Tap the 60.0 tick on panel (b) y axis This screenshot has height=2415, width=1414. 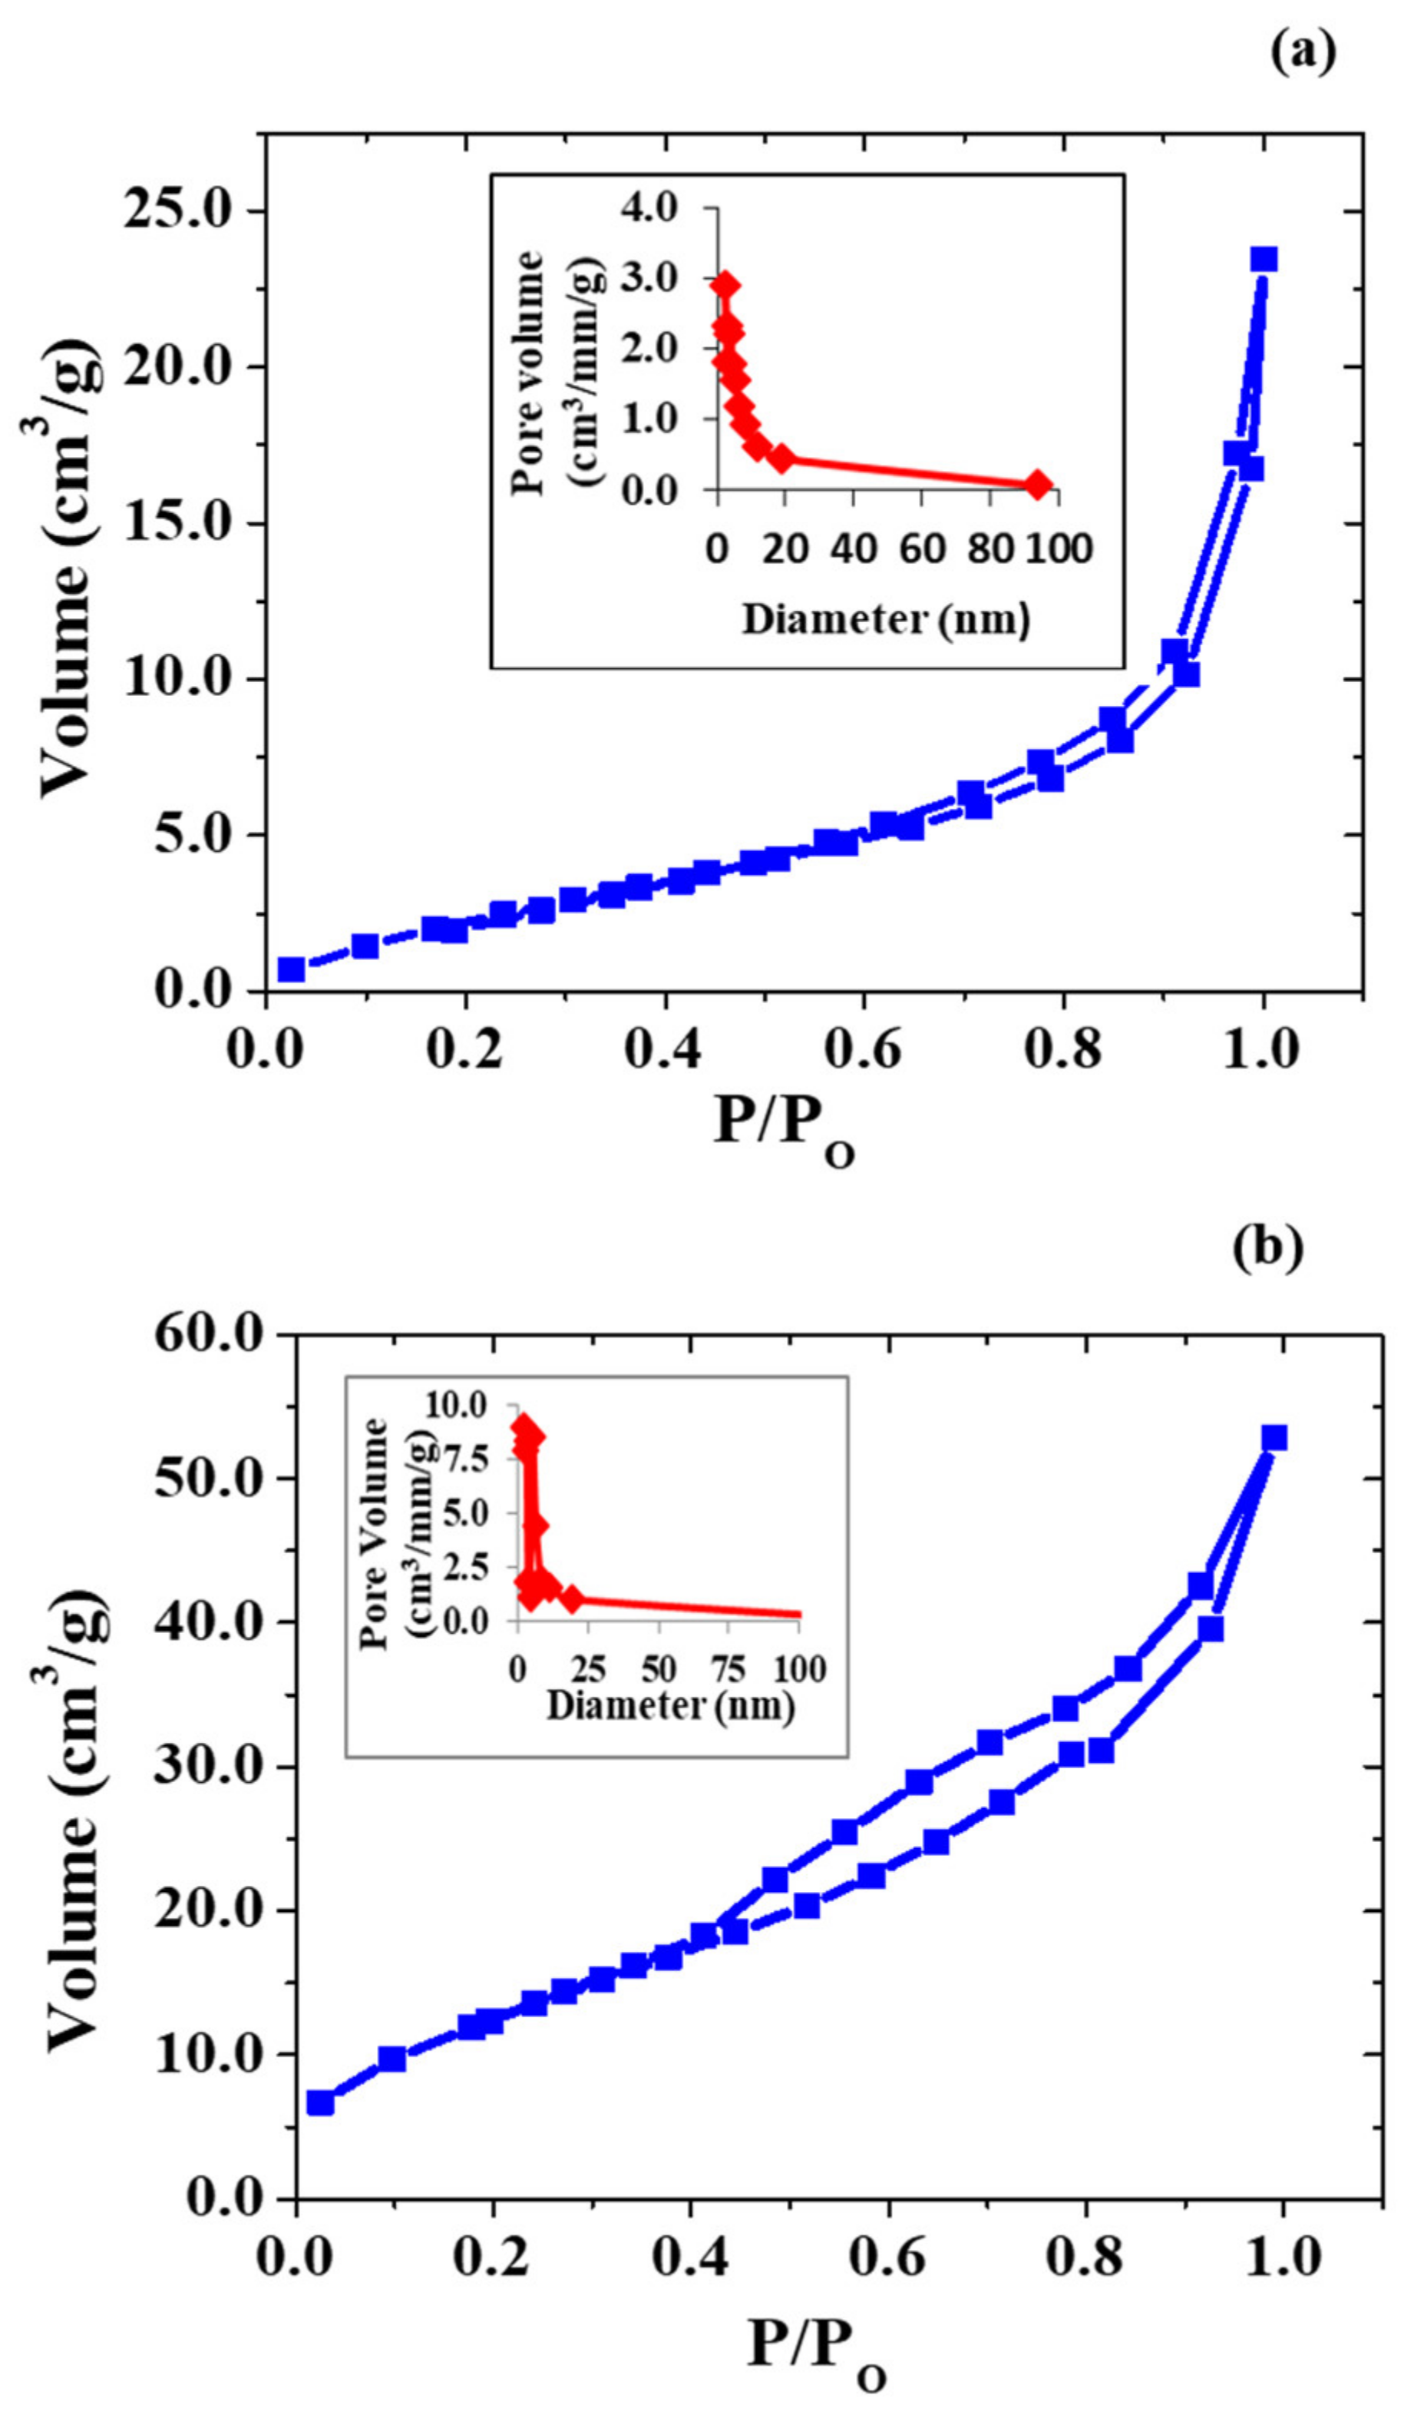tap(208, 1335)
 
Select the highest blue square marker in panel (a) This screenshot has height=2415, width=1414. tap(1264, 260)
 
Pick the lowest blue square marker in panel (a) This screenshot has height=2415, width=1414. tap(291, 970)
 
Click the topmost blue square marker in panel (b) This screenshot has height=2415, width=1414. tap(1274, 1439)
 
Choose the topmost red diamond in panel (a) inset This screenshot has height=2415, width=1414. tap(725, 285)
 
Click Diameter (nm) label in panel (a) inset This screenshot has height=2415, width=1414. tap(886, 619)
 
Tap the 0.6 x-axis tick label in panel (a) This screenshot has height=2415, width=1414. tap(865, 1048)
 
